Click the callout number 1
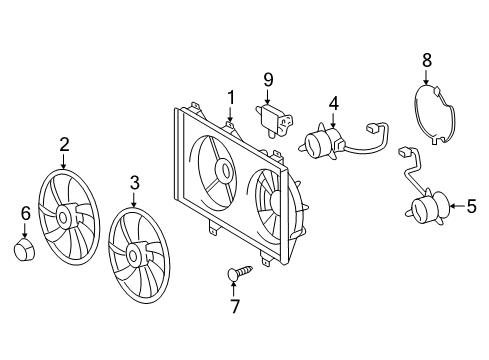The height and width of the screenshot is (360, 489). [230, 97]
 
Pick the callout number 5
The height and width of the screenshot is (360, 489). [471, 208]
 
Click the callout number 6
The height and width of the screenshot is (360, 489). [26, 213]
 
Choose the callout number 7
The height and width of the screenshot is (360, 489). [235, 306]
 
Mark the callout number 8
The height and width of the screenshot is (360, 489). [427, 61]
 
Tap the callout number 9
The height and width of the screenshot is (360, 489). [268, 80]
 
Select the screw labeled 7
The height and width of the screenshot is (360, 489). [240, 270]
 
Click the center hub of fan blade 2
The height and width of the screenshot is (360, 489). [67, 215]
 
